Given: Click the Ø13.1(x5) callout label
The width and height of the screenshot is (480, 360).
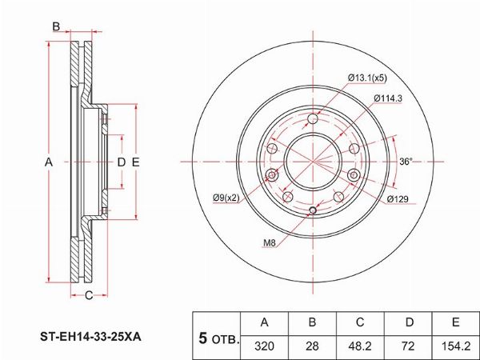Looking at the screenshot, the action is pos(367,78).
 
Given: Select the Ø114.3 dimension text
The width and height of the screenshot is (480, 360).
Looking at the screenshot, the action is pos(388,98).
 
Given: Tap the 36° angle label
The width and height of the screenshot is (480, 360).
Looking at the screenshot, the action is pos(406,162).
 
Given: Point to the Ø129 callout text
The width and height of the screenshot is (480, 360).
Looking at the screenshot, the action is pos(398,199).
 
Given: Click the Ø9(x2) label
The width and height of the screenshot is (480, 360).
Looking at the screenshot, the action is pos(226,198).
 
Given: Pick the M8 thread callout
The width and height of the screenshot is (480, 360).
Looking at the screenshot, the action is pos(270,243).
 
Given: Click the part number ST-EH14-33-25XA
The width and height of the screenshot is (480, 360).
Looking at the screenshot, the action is pos(90,337).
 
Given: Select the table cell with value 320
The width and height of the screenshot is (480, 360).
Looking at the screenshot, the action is pos(265,346).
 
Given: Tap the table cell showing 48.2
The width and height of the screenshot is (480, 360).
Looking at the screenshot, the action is pos(360,346).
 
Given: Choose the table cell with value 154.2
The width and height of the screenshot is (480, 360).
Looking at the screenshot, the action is pos(455,346).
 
